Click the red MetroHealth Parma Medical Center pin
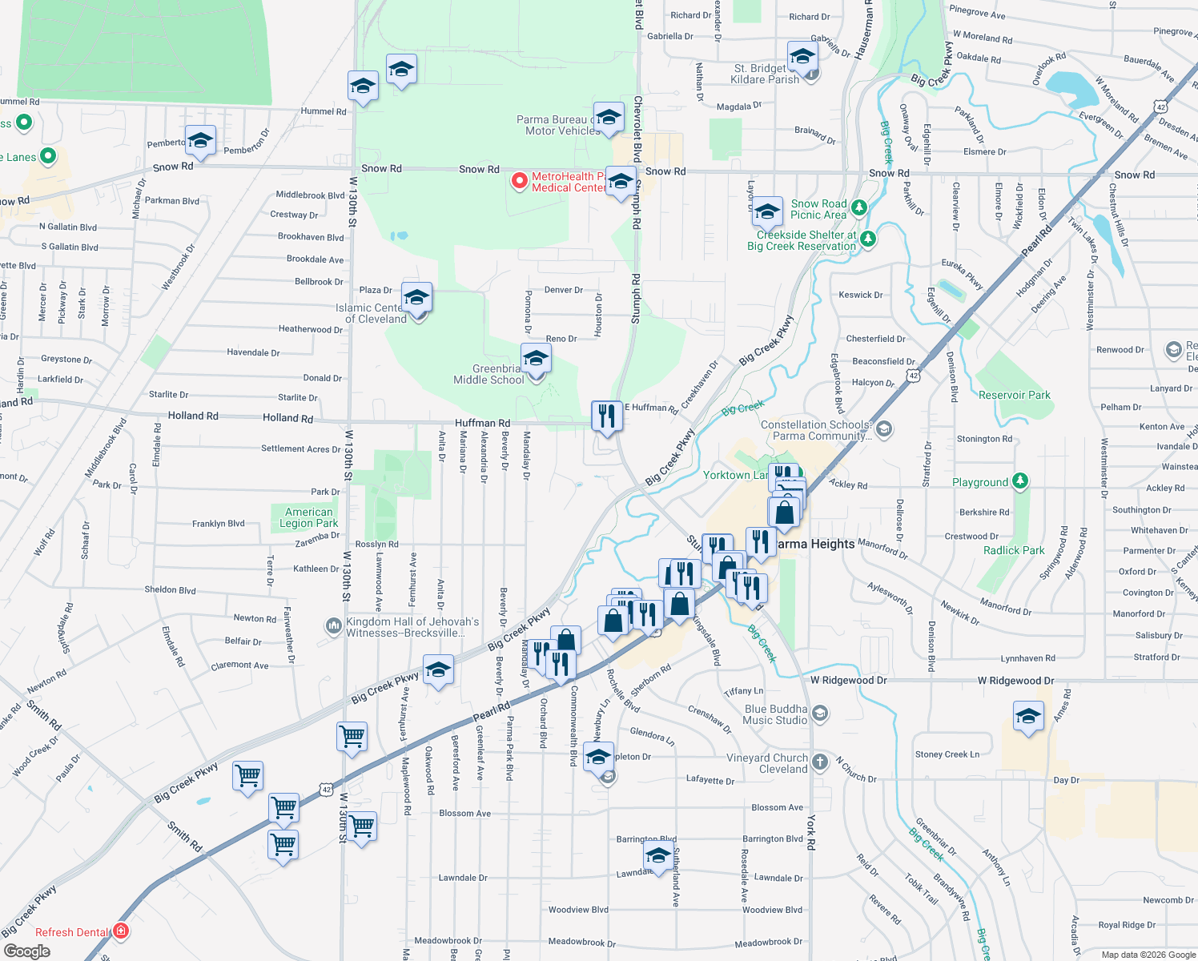[520, 181]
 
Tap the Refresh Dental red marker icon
[121, 931]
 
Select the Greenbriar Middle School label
[488, 374]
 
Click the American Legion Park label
[308, 517]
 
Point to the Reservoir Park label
[1014, 395]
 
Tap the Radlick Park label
[1014, 550]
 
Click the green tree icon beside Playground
[1019, 481]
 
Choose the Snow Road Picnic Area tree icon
[859, 208]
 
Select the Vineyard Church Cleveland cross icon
[819, 762]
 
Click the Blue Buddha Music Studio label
[775, 714]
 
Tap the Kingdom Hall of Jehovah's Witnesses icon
[333, 626]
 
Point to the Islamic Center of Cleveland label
[376, 313]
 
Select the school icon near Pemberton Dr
[200, 142]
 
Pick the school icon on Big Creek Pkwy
[438, 671]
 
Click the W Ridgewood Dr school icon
[1028, 716]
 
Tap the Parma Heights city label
[815, 544]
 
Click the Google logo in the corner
[27, 951]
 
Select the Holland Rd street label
[193, 416]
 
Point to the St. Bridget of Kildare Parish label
[766, 74]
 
